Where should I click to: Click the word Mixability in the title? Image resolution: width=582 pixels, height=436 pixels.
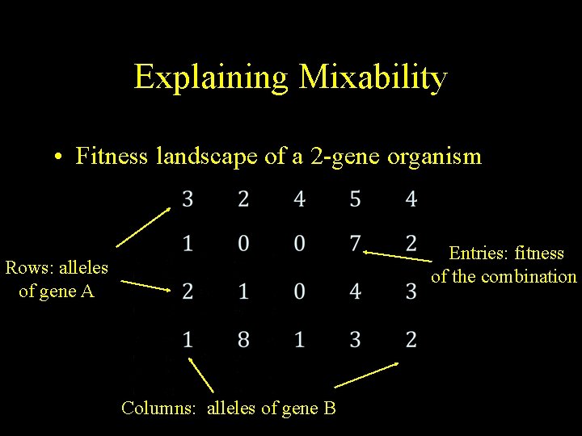(x=373, y=78)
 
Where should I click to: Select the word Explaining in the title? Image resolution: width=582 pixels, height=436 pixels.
(x=211, y=78)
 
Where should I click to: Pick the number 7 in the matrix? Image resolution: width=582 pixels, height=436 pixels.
(x=356, y=243)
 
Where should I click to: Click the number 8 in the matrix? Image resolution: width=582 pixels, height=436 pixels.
(x=243, y=340)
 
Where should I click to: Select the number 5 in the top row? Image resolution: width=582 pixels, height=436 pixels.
(x=356, y=198)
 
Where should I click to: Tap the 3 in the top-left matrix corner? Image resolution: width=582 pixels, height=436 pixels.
(x=188, y=198)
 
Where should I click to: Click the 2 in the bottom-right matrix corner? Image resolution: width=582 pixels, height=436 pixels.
(x=411, y=340)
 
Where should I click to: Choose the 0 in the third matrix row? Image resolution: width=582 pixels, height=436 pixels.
(x=300, y=291)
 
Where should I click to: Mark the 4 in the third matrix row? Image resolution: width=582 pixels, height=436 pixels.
(x=356, y=291)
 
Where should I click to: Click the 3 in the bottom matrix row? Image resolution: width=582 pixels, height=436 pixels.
(x=356, y=340)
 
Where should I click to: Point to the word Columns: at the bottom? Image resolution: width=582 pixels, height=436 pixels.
(x=158, y=408)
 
